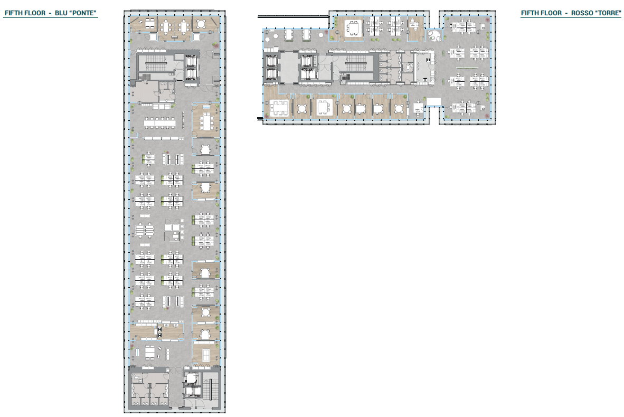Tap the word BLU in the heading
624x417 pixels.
click(x=58, y=13)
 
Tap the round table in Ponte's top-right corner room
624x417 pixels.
click(x=202, y=24)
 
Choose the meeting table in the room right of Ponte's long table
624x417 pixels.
click(x=205, y=121)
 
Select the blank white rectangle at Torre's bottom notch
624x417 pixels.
click(x=434, y=101)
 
